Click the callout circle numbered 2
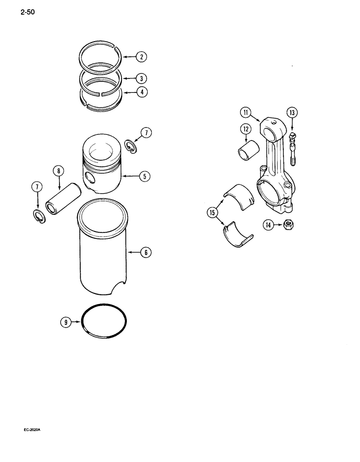pos(141,57)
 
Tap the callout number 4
pos(141,92)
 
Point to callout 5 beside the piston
pos(144,176)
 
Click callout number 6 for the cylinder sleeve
pos(145,252)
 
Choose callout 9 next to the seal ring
pos(66,322)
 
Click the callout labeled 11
pos(245,125)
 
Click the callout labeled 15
pos(212,213)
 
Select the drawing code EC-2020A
pos(32,430)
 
